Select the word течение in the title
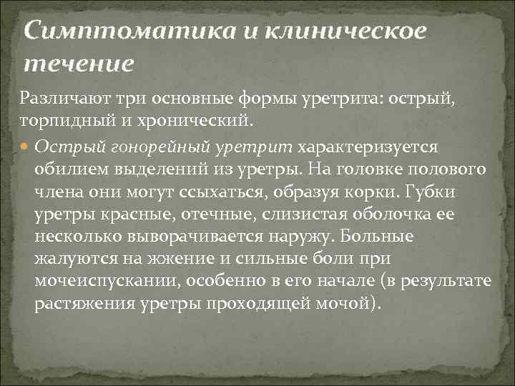pyautogui.click(x=79, y=64)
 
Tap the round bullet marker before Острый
pyautogui.click(x=25, y=147)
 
